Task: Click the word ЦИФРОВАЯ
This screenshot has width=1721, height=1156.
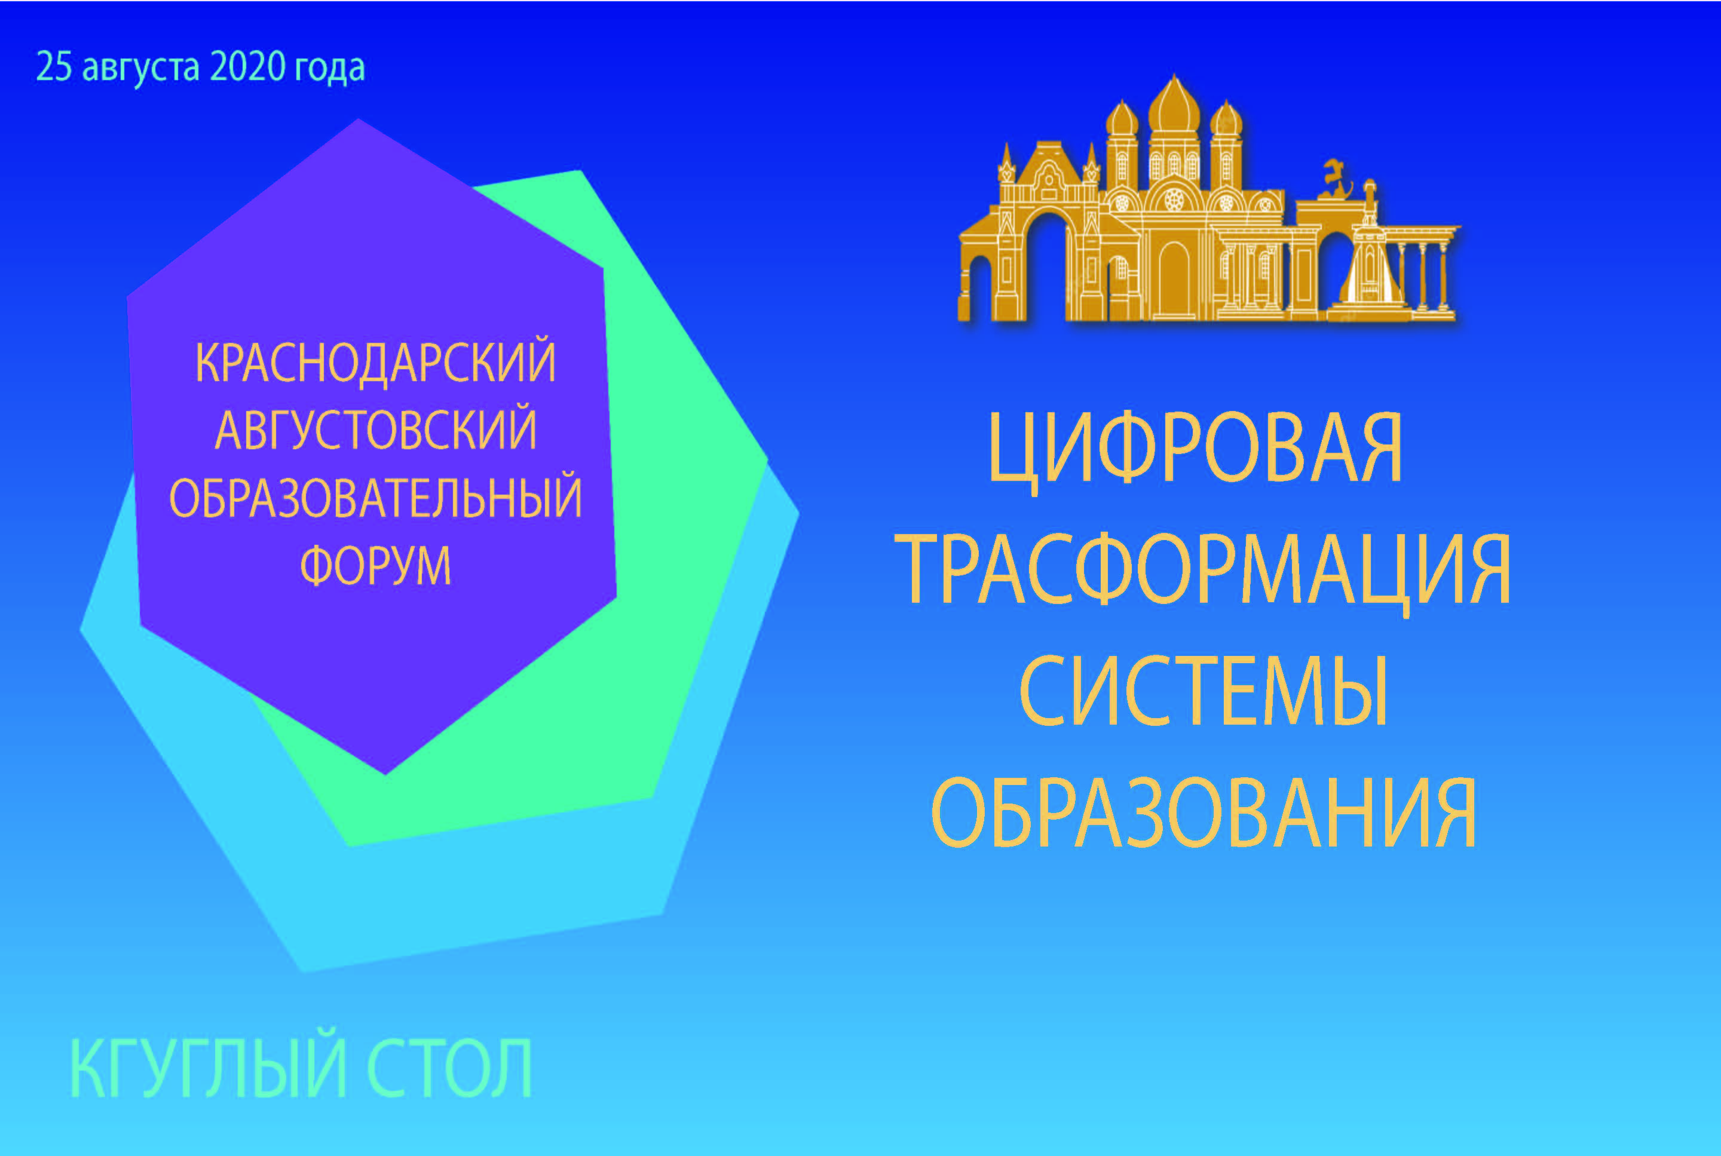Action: (1195, 450)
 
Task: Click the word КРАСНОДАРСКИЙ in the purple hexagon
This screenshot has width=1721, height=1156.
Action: (375, 361)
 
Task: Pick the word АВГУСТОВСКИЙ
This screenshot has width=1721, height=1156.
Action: (375, 429)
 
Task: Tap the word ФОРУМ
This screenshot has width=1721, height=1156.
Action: (375, 566)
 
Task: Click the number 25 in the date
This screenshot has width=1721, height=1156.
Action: (54, 67)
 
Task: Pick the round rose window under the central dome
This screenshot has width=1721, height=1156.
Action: (1174, 200)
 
